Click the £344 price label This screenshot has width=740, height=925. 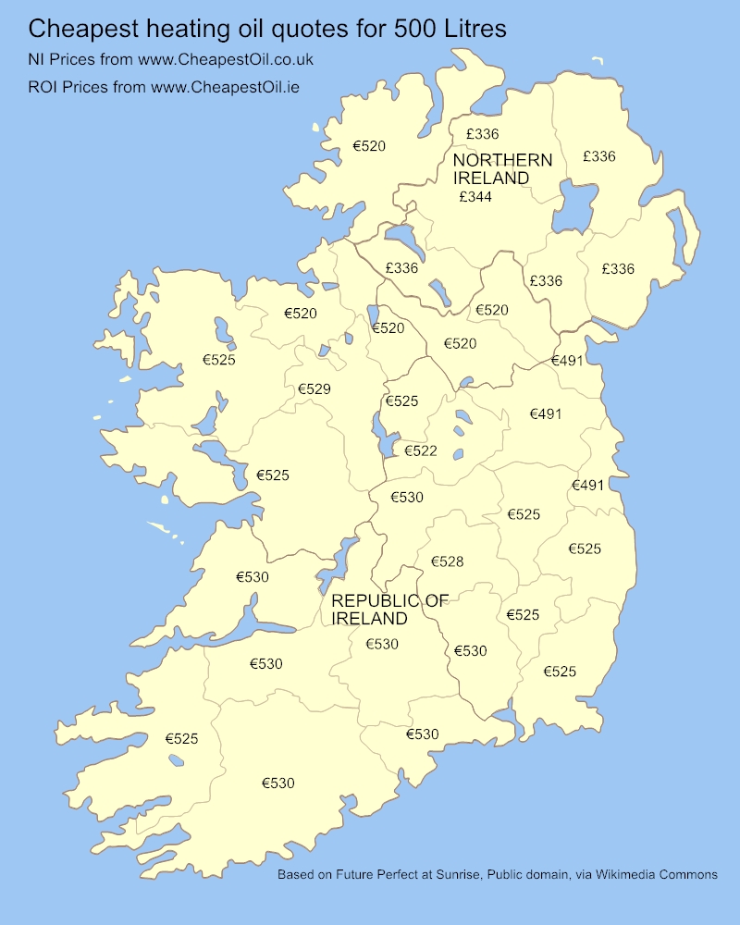coord(475,197)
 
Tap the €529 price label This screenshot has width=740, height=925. coord(314,389)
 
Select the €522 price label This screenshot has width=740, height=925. coord(421,451)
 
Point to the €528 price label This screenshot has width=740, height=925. coord(447,561)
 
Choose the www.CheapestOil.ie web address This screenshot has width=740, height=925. coord(225,88)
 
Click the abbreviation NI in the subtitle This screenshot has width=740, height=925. coord(39,60)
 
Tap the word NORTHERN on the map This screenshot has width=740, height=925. coord(502,160)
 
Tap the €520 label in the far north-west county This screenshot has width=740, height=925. coord(369,146)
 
